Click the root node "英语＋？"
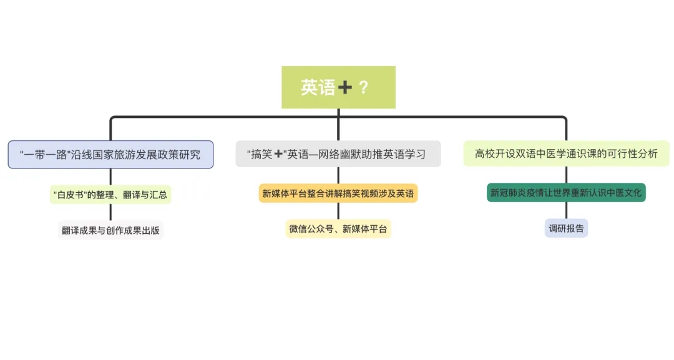coord(338,87)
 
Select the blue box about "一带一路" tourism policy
coord(110,154)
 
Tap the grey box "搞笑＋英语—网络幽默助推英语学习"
coord(338,154)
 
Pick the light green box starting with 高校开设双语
coord(566,153)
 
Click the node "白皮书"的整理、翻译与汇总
coord(110,195)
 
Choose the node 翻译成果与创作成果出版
coord(110,230)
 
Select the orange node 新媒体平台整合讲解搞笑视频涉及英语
coord(338,193)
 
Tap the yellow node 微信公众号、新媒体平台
coord(338,229)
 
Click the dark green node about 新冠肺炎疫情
coord(566,192)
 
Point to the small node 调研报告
coord(566,228)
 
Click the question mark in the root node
coord(364,87)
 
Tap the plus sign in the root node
coord(344,88)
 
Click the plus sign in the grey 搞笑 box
coord(279,154)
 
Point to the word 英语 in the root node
coord(318,87)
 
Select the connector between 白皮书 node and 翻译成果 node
coord(110,213)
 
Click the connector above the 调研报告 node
coord(566,210)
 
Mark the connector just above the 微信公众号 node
coord(338,212)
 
